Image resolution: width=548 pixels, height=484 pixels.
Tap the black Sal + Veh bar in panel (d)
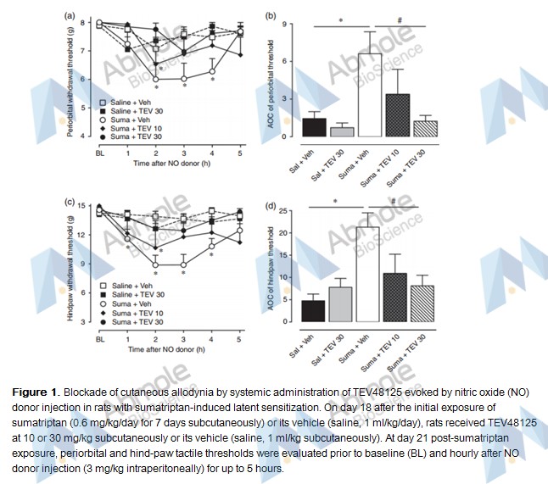coord(313,311)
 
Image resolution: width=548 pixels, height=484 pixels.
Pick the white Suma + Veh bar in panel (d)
coord(368,274)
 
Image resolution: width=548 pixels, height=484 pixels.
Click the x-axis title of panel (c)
coord(171,349)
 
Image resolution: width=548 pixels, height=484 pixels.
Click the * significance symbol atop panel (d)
coord(338,199)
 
